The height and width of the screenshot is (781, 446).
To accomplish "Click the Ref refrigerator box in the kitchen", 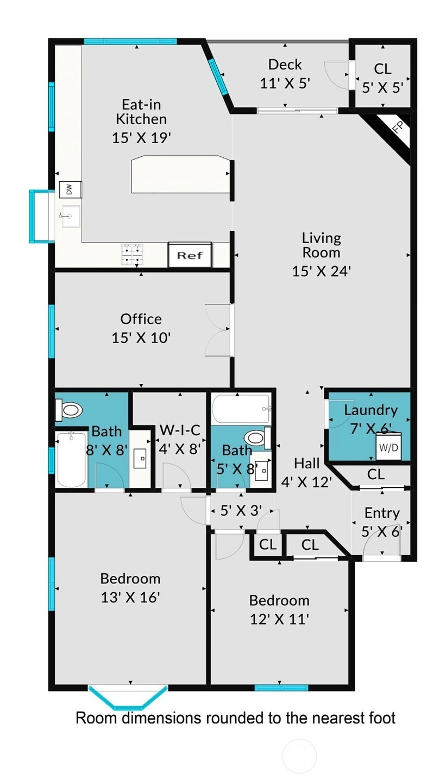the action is [190, 255].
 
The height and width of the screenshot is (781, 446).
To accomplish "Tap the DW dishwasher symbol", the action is [70, 189].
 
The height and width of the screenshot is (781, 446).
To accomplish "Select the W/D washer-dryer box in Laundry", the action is [388, 447].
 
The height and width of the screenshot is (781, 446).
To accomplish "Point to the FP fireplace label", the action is [398, 128].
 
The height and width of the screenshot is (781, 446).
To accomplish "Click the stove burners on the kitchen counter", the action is [132, 255].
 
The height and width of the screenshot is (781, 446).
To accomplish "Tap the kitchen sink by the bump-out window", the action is [71, 217].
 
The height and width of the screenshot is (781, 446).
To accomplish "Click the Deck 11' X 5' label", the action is [285, 74].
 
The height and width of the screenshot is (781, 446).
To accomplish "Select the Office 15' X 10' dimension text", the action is [141, 338].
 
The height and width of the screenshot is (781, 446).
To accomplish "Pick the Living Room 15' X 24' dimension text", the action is [321, 271].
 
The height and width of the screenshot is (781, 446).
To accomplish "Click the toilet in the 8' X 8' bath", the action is [69, 410].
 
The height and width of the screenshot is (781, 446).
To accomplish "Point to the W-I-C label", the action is [180, 430].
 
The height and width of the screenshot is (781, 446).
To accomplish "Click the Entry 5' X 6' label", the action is [382, 522].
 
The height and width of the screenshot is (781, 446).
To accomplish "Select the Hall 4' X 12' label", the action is [306, 473].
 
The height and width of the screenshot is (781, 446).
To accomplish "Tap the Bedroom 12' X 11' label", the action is [279, 610].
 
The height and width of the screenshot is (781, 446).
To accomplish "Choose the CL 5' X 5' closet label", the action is [382, 78].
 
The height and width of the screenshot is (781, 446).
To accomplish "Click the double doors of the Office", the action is [219, 330].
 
